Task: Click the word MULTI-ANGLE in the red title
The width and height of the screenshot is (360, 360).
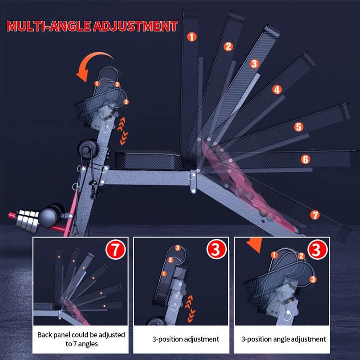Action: pos(48,26)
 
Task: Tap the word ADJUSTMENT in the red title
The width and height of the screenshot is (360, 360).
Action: pos(135,26)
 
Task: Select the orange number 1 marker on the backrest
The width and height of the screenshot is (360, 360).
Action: pos(192,37)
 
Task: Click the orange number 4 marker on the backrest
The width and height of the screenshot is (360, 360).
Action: pos(277,90)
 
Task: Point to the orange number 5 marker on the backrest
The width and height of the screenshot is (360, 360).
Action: pos(298,127)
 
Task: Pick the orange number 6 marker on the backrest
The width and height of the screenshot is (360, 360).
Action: pos(306,159)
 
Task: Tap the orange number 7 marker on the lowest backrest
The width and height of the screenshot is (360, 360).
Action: pos(315,215)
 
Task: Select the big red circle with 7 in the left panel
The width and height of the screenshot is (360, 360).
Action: pos(116,250)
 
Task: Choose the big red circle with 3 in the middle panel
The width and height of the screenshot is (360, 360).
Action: pos(216,250)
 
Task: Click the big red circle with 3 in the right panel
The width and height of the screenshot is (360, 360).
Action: pos(318,250)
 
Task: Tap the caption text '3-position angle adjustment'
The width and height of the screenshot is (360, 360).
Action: pos(283,339)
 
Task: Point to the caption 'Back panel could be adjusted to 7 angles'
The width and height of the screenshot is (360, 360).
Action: pos(81,339)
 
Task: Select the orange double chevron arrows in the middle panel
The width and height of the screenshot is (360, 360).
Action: pos(190,309)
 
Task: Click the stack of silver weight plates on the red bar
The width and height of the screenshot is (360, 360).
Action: pos(27,221)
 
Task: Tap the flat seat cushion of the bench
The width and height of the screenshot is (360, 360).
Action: pos(149,160)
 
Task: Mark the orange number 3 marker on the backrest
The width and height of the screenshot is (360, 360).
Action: pos(254,63)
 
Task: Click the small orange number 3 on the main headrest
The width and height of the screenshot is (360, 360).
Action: pos(126,102)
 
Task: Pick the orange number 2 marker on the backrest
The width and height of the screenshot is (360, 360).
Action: pos(228,46)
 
